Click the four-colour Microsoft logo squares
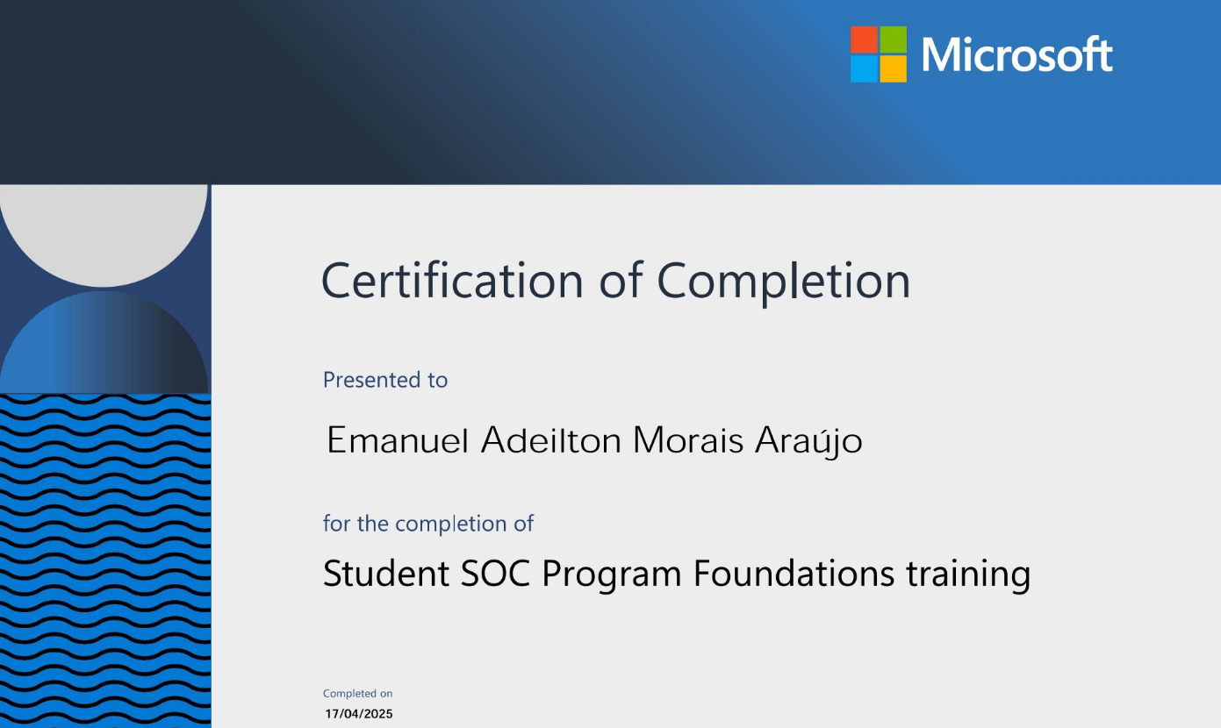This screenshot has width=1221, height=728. [x=878, y=54]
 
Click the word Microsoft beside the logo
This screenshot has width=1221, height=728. [x=1016, y=55]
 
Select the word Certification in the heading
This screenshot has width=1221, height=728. [x=452, y=281]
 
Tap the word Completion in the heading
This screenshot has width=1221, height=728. [x=783, y=281]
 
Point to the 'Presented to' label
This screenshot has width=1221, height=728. [x=385, y=380]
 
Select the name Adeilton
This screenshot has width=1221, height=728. [x=552, y=440]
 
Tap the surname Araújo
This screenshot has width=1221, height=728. [x=808, y=440]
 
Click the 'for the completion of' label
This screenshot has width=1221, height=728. [x=428, y=524]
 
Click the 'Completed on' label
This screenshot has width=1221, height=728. [x=357, y=694]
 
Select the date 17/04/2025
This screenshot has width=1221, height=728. [x=359, y=714]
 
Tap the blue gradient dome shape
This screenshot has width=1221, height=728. [x=104, y=346]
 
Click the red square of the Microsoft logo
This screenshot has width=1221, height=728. [x=864, y=39]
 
